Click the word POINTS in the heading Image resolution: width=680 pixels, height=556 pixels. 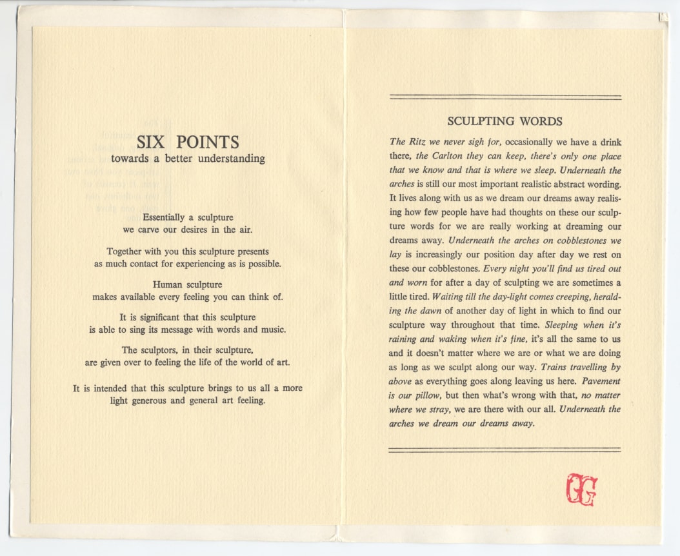(207, 143)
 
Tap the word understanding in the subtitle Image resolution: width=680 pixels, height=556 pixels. (233, 159)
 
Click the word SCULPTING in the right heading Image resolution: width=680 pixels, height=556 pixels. (478, 121)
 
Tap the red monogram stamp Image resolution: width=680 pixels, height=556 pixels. (581, 490)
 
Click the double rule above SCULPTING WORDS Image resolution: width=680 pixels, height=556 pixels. (505, 97)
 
